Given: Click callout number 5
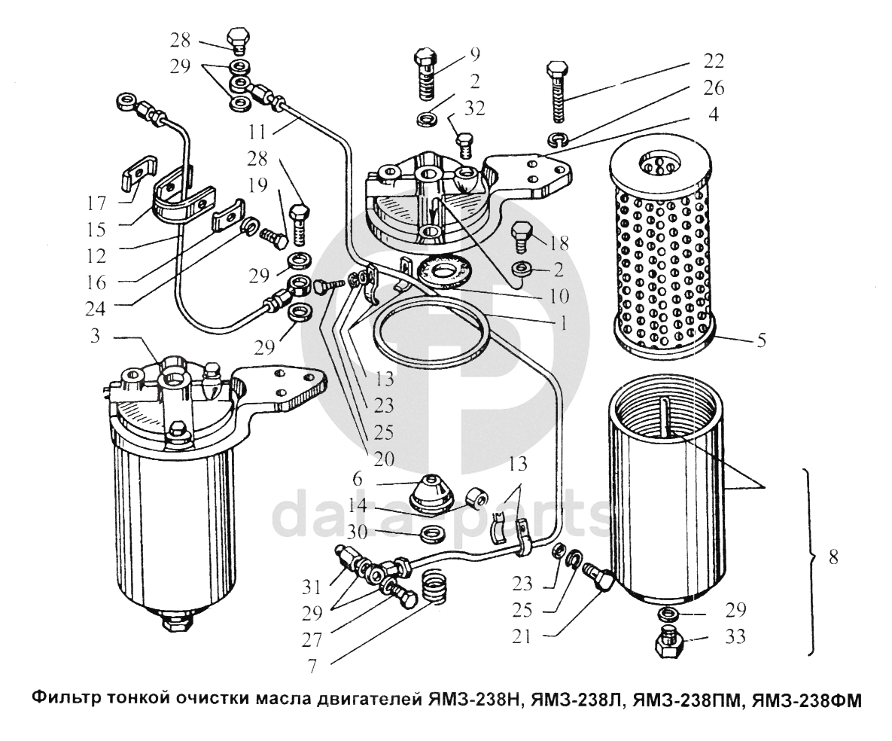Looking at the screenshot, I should [x=762, y=340].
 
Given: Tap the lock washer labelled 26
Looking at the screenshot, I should [x=557, y=137].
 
